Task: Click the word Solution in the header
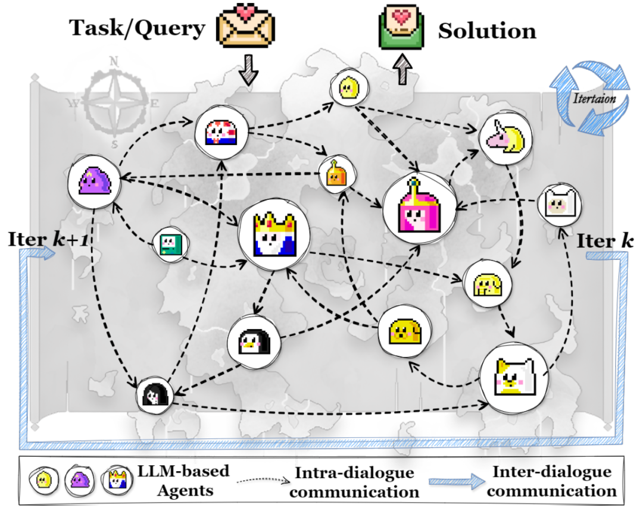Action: pos(487,31)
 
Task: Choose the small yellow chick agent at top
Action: pos(347,89)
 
